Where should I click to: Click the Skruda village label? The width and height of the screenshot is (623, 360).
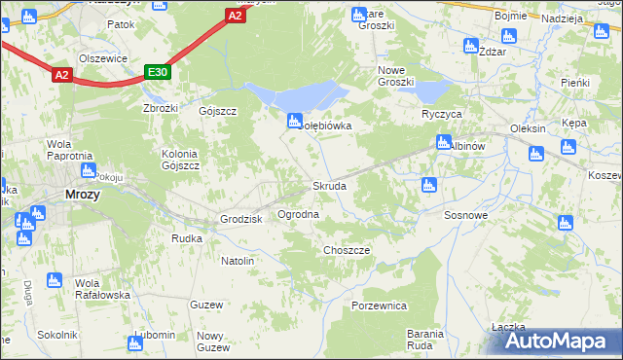click(x=328, y=186)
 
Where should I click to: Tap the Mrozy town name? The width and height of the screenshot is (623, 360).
click(x=82, y=194)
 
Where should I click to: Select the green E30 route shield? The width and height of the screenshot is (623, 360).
click(x=158, y=72)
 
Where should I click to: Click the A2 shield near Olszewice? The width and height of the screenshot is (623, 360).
click(x=61, y=74)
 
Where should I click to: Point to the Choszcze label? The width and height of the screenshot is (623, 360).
click(x=346, y=250)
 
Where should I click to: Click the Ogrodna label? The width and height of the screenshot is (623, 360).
click(x=299, y=213)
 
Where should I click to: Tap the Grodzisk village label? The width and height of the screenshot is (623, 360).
click(x=242, y=219)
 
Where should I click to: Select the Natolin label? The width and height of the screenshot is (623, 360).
click(x=238, y=261)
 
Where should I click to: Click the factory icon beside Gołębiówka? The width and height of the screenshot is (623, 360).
click(x=293, y=121)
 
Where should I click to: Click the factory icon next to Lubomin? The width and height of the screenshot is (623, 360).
click(x=134, y=342)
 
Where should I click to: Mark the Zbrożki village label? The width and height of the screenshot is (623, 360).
click(x=161, y=108)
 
